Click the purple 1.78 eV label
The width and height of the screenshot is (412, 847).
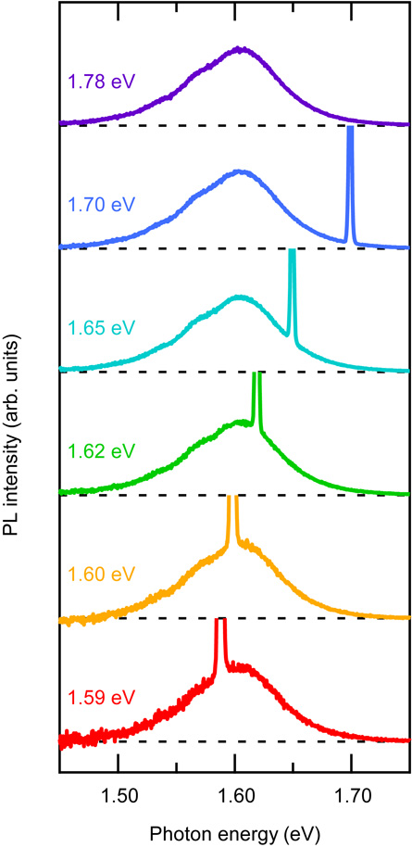pos(101,81)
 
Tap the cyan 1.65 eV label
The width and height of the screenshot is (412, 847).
pos(101,327)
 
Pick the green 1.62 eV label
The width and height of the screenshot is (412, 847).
pos(101,450)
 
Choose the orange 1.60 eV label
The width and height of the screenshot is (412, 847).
pos(101,574)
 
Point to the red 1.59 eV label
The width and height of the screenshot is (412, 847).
pos(101,695)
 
